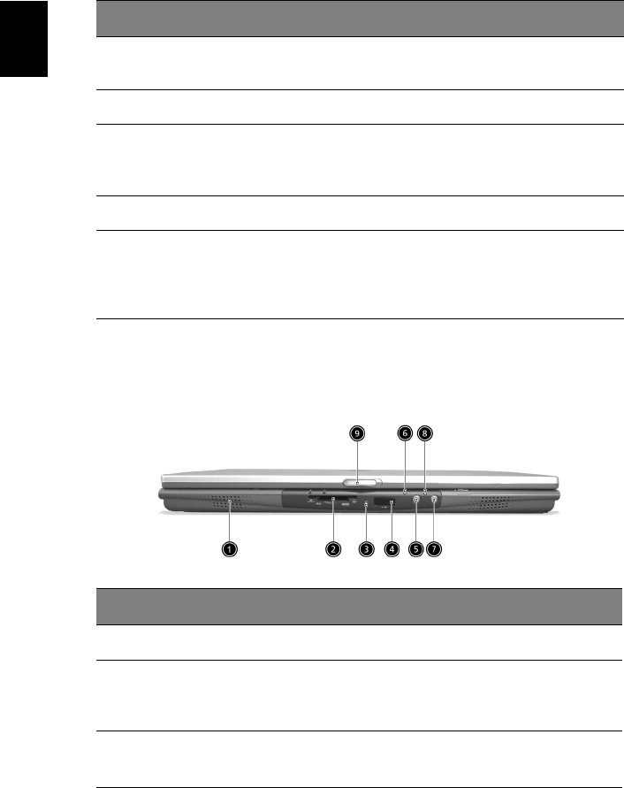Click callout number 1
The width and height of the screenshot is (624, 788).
click(230, 549)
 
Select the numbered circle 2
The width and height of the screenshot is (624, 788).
click(333, 549)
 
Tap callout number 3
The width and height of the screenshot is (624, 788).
click(366, 549)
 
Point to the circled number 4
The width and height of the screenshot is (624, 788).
click(392, 549)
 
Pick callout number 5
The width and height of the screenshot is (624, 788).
click(416, 549)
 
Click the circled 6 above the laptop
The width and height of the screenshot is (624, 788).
click(405, 433)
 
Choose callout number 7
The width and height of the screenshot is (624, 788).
click(434, 549)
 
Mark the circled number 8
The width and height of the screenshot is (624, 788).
click(425, 433)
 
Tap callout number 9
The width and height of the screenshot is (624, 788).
click(357, 433)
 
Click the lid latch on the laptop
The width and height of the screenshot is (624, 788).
click(362, 483)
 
